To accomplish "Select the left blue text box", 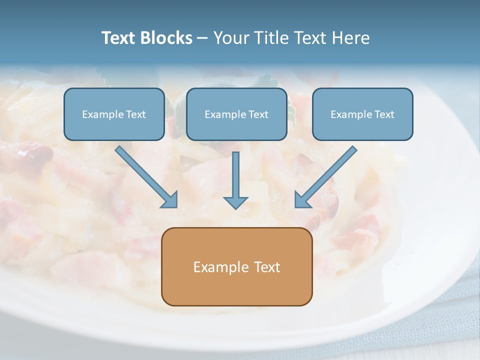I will point(114,127).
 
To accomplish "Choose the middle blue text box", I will point(236,127).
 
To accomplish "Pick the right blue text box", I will point(362,127).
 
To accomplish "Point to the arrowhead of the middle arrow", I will point(235,202).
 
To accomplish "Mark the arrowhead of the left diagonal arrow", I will point(170,199).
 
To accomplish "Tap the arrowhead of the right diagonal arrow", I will point(302,199).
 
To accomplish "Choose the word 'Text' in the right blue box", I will point(384,114).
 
